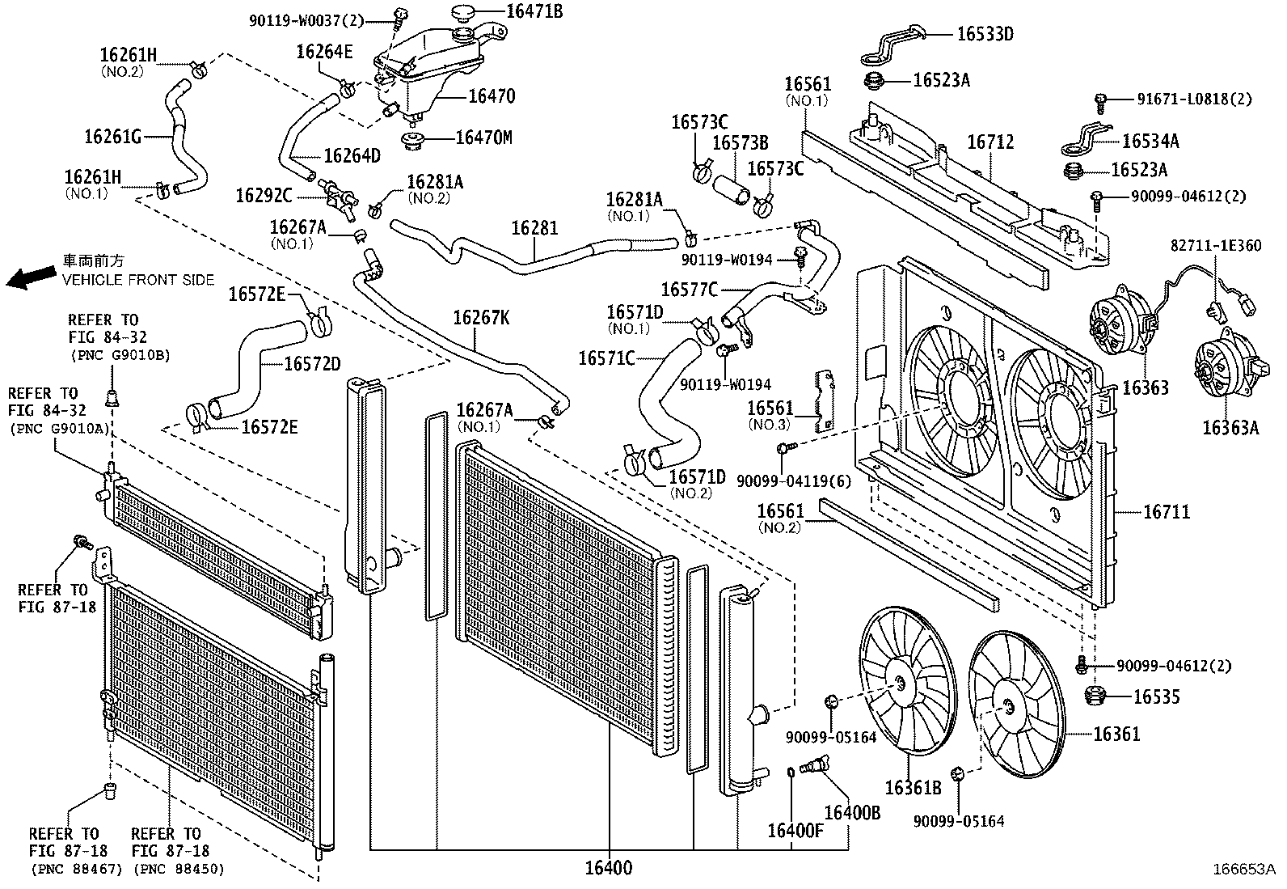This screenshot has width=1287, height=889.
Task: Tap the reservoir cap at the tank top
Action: point(463,14)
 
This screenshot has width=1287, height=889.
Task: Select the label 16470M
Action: point(483,138)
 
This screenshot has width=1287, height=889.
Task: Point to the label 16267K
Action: point(481,317)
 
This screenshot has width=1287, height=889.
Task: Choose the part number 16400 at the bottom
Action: point(608,869)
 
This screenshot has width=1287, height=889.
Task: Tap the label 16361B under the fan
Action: point(913,787)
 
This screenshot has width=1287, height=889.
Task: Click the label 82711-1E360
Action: point(1215,246)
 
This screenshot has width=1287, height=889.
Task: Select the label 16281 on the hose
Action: point(534,229)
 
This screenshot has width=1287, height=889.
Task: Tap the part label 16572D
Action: point(311,364)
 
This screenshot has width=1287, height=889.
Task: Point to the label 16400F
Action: point(795,830)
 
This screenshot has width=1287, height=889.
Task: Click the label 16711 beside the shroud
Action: point(1166,512)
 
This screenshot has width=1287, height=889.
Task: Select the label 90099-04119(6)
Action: point(794,480)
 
